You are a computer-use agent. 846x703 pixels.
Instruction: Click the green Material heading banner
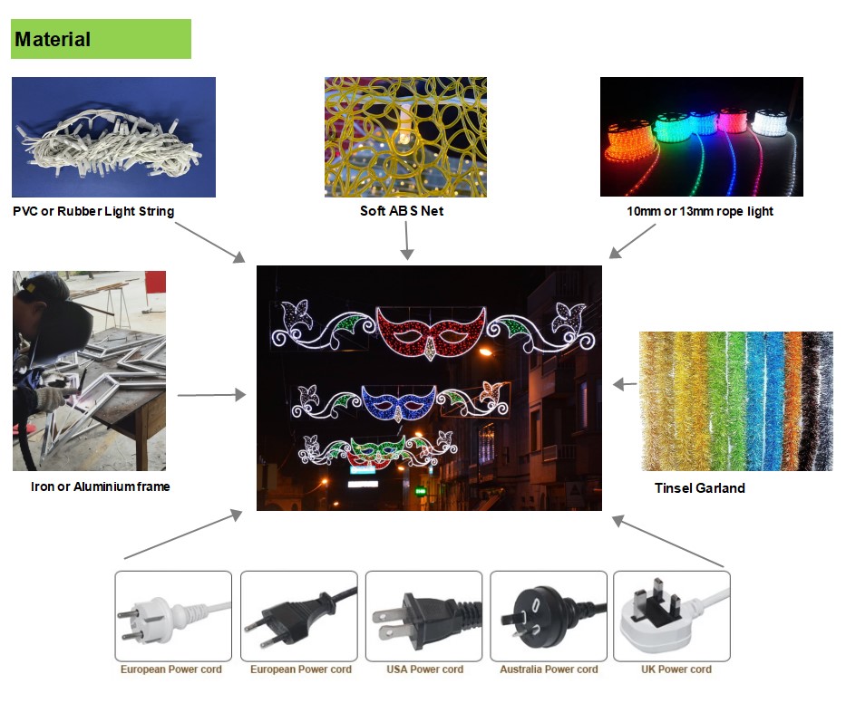pos(101,40)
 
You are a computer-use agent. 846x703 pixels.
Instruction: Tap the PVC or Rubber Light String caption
pos(93,212)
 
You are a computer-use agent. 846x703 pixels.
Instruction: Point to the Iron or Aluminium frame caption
pos(100,487)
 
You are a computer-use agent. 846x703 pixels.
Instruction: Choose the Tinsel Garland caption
pos(699,488)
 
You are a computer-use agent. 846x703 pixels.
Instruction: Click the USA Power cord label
pos(423,669)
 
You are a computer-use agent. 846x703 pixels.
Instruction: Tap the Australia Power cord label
pos(549,669)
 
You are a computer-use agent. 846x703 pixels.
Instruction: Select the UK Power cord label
pos(672,669)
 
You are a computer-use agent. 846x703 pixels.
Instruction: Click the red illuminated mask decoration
pos(428,332)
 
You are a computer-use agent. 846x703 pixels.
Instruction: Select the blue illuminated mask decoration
pos(399,400)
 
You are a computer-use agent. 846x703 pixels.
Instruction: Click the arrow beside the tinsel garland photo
pos(624,385)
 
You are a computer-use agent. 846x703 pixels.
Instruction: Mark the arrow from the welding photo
pos(211,395)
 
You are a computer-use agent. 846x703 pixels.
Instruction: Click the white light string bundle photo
pos(113,137)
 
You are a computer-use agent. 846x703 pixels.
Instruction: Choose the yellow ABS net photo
pos(405,137)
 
